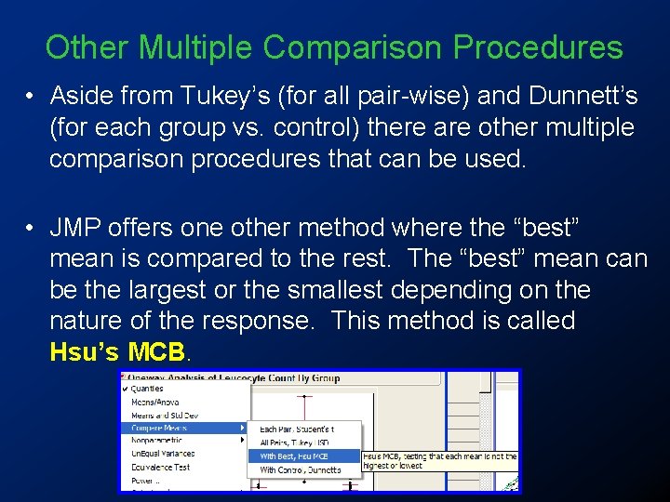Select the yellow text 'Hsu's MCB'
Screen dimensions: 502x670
[119, 352]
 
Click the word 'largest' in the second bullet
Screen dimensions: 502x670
[164, 289]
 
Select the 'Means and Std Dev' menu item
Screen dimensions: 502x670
[164, 416]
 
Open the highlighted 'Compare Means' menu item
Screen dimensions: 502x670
[159, 429]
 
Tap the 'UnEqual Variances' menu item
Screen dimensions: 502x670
[164, 455]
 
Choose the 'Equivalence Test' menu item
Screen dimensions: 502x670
[160, 468]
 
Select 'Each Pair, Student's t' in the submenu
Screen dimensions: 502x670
[296, 429]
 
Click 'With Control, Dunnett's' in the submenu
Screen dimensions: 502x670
[300, 470]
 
